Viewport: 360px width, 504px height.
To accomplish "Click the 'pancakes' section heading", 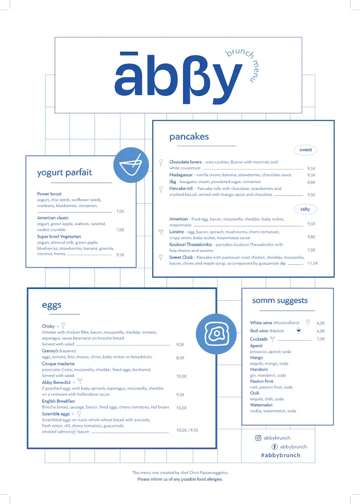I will pos(189,137).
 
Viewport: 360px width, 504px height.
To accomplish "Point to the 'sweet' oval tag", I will pos(305,150).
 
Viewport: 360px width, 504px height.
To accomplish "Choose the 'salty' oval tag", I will pos(305,209).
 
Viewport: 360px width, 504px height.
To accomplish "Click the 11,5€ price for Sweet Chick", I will pos(312,263).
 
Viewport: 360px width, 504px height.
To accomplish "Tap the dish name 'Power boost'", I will pos(49,194).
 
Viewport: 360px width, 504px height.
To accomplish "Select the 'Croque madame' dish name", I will pos(58,364).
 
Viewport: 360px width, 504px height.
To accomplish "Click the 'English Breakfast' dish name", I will pos(58,401).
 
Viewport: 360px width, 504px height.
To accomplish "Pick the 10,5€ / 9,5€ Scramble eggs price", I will pos(187,430).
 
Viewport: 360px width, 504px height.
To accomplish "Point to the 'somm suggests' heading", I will pos(280,300).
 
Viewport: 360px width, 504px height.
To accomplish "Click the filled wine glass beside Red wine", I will pos(298,331).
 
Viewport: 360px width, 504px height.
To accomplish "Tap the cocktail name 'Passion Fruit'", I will pos(262,381).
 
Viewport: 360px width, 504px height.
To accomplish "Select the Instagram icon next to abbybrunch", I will pos(258,438).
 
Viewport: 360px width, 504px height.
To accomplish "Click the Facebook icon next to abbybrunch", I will pos(274,446).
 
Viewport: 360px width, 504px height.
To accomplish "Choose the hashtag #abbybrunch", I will pos(280,455).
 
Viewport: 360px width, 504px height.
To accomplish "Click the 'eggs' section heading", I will pos(52,305).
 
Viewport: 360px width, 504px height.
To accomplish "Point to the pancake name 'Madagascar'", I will pos(181,175).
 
